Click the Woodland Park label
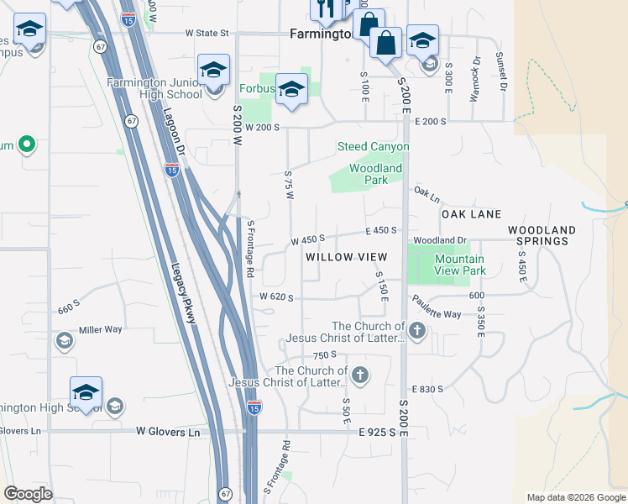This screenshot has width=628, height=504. point(375,174)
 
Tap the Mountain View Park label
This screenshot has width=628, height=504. point(459,265)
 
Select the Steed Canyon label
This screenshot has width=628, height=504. point(374,147)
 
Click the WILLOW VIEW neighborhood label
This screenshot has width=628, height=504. point(346,256)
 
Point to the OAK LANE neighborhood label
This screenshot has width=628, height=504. point(471,214)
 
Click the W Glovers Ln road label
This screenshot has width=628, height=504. point(169,432)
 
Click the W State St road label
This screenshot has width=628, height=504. point(201,34)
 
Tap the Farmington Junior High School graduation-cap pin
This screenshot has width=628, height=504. point(214,71)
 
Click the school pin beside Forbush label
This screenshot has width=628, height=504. point(291,90)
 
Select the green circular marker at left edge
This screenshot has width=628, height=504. point(26,145)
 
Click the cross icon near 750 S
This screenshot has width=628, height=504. point(360,375)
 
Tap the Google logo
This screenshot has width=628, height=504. point(28,494)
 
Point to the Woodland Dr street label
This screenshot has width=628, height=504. point(439,240)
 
